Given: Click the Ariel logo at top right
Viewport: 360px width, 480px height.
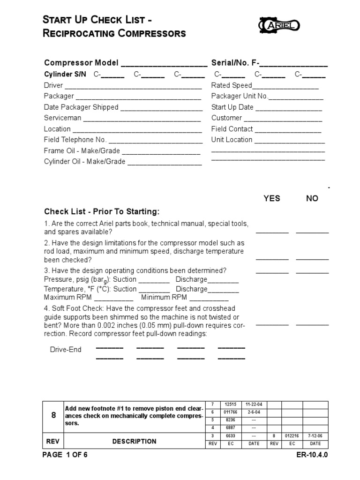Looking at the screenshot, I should (x=280, y=24).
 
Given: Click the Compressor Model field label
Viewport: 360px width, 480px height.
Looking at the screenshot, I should (x=82, y=63).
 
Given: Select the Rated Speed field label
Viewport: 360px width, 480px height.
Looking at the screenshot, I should (x=232, y=85).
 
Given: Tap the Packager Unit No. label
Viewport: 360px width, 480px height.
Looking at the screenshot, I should (x=239, y=96).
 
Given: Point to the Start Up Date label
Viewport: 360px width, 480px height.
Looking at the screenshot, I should (x=232, y=107).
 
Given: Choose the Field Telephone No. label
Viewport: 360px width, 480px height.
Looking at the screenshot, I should (x=75, y=140).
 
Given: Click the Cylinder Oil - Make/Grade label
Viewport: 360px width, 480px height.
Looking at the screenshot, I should (x=85, y=162).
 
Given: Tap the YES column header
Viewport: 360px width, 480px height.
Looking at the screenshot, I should (x=272, y=198).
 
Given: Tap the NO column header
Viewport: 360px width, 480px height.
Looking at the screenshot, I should (x=312, y=198).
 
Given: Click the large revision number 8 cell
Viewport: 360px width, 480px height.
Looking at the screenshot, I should (x=53, y=415).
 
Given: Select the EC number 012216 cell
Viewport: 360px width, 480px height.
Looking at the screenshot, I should (x=292, y=436).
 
